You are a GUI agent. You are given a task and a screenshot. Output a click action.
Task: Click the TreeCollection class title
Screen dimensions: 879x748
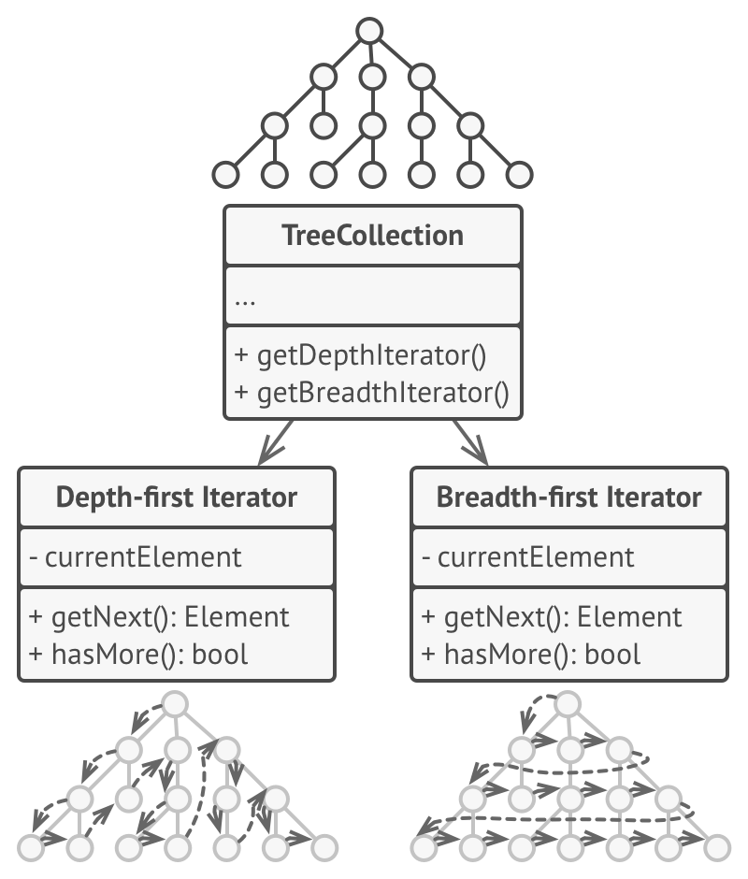(372, 235)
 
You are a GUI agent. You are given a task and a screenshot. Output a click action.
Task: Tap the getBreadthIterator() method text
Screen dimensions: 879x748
(371, 393)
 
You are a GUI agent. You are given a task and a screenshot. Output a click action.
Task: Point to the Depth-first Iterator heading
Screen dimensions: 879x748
(177, 497)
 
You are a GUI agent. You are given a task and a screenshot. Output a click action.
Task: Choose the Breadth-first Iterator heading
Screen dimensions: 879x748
(568, 497)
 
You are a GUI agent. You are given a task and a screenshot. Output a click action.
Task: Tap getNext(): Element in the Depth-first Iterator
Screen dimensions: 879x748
(160, 617)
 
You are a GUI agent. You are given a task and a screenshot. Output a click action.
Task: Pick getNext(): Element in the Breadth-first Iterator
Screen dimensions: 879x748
(553, 617)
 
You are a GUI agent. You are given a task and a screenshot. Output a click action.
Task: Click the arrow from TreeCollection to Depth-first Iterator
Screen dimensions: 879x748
(276, 442)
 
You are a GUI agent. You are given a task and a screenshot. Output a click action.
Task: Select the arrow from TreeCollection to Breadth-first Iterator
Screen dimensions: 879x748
(470, 442)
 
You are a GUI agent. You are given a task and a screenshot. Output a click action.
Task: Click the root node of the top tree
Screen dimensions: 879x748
(371, 30)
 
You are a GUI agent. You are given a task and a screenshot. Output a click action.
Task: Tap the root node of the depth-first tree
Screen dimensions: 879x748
(175, 703)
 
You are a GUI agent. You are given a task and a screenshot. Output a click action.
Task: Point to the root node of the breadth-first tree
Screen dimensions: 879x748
(568, 703)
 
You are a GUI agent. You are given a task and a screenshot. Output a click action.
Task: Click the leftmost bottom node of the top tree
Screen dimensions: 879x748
(225, 174)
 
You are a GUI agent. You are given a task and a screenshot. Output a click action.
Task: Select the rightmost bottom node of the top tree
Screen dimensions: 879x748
(519, 174)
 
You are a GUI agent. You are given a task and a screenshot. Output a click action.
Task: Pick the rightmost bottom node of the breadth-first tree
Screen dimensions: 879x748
(717, 847)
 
